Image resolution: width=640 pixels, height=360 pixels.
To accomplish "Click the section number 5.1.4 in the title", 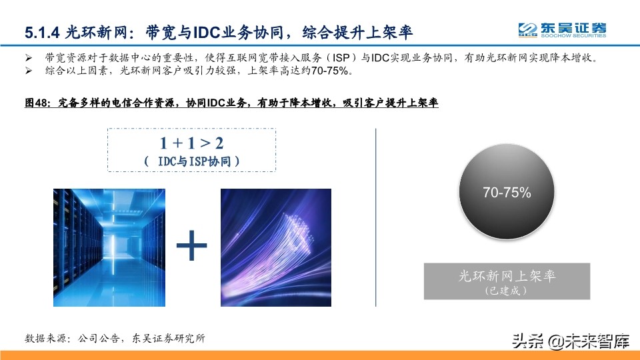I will (43, 31).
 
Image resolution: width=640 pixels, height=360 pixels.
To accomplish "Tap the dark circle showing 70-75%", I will (507, 193).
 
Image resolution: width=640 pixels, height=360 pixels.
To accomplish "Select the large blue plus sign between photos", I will (191, 247).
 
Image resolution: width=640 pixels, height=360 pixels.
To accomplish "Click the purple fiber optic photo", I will (275, 247).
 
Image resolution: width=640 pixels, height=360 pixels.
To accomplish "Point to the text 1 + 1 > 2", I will (191, 143).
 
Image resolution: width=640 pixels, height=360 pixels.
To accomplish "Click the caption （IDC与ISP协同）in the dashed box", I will (191, 161).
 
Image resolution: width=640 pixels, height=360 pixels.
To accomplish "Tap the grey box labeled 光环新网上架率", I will (507, 280).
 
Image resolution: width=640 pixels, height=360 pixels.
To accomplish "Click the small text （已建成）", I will (507, 291).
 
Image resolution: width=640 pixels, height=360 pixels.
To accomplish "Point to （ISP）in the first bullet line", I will (335, 57).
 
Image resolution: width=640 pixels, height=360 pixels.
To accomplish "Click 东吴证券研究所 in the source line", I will (169, 338).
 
